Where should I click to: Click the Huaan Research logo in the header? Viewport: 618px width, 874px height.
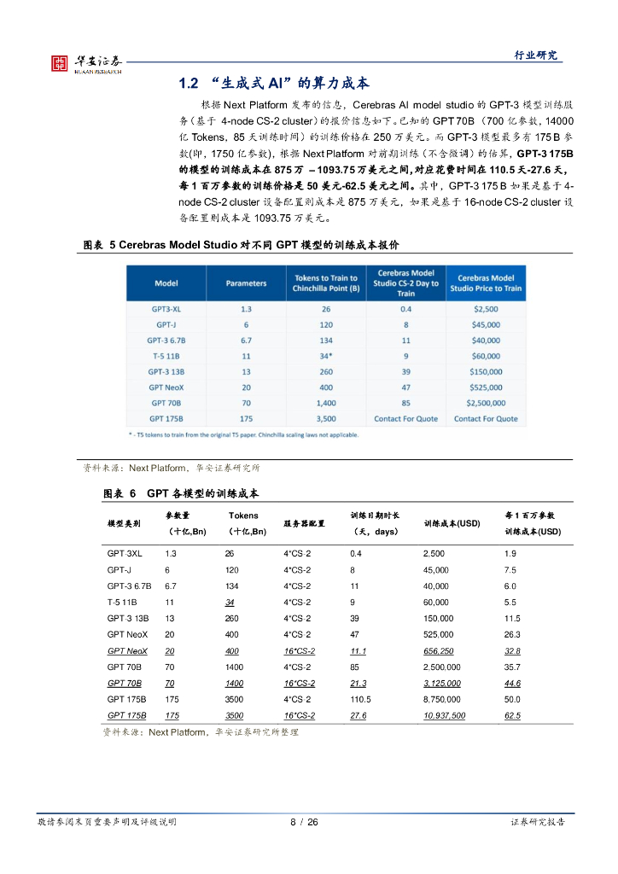(x=85, y=63)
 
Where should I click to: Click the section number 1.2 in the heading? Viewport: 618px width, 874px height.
(x=188, y=84)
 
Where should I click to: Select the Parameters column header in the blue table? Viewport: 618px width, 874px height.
(x=246, y=283)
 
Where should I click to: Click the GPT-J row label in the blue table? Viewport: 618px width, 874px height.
(x=166, y=324)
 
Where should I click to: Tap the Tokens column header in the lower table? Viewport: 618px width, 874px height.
(x=243, y=516)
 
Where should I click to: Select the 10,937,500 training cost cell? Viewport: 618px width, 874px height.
(x=444, y=715)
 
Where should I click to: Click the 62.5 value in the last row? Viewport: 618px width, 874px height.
(x=512, y=715)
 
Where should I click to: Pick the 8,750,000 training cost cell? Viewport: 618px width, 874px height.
(x=442, y=699)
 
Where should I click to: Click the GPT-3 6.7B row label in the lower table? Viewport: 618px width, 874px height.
(x=129, y=586)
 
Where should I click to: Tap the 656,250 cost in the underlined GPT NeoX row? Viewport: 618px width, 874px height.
(x=438, y=650)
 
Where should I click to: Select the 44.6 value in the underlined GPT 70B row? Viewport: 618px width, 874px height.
(x=512, y=683)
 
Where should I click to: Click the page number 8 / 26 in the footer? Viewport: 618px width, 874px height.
(x=304, y=822)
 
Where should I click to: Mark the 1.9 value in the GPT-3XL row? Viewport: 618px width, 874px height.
(x=510, y=554)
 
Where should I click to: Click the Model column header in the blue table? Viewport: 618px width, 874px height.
(x=166, y=283)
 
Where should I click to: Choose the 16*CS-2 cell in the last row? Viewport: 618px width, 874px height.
(x=299, y=715)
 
